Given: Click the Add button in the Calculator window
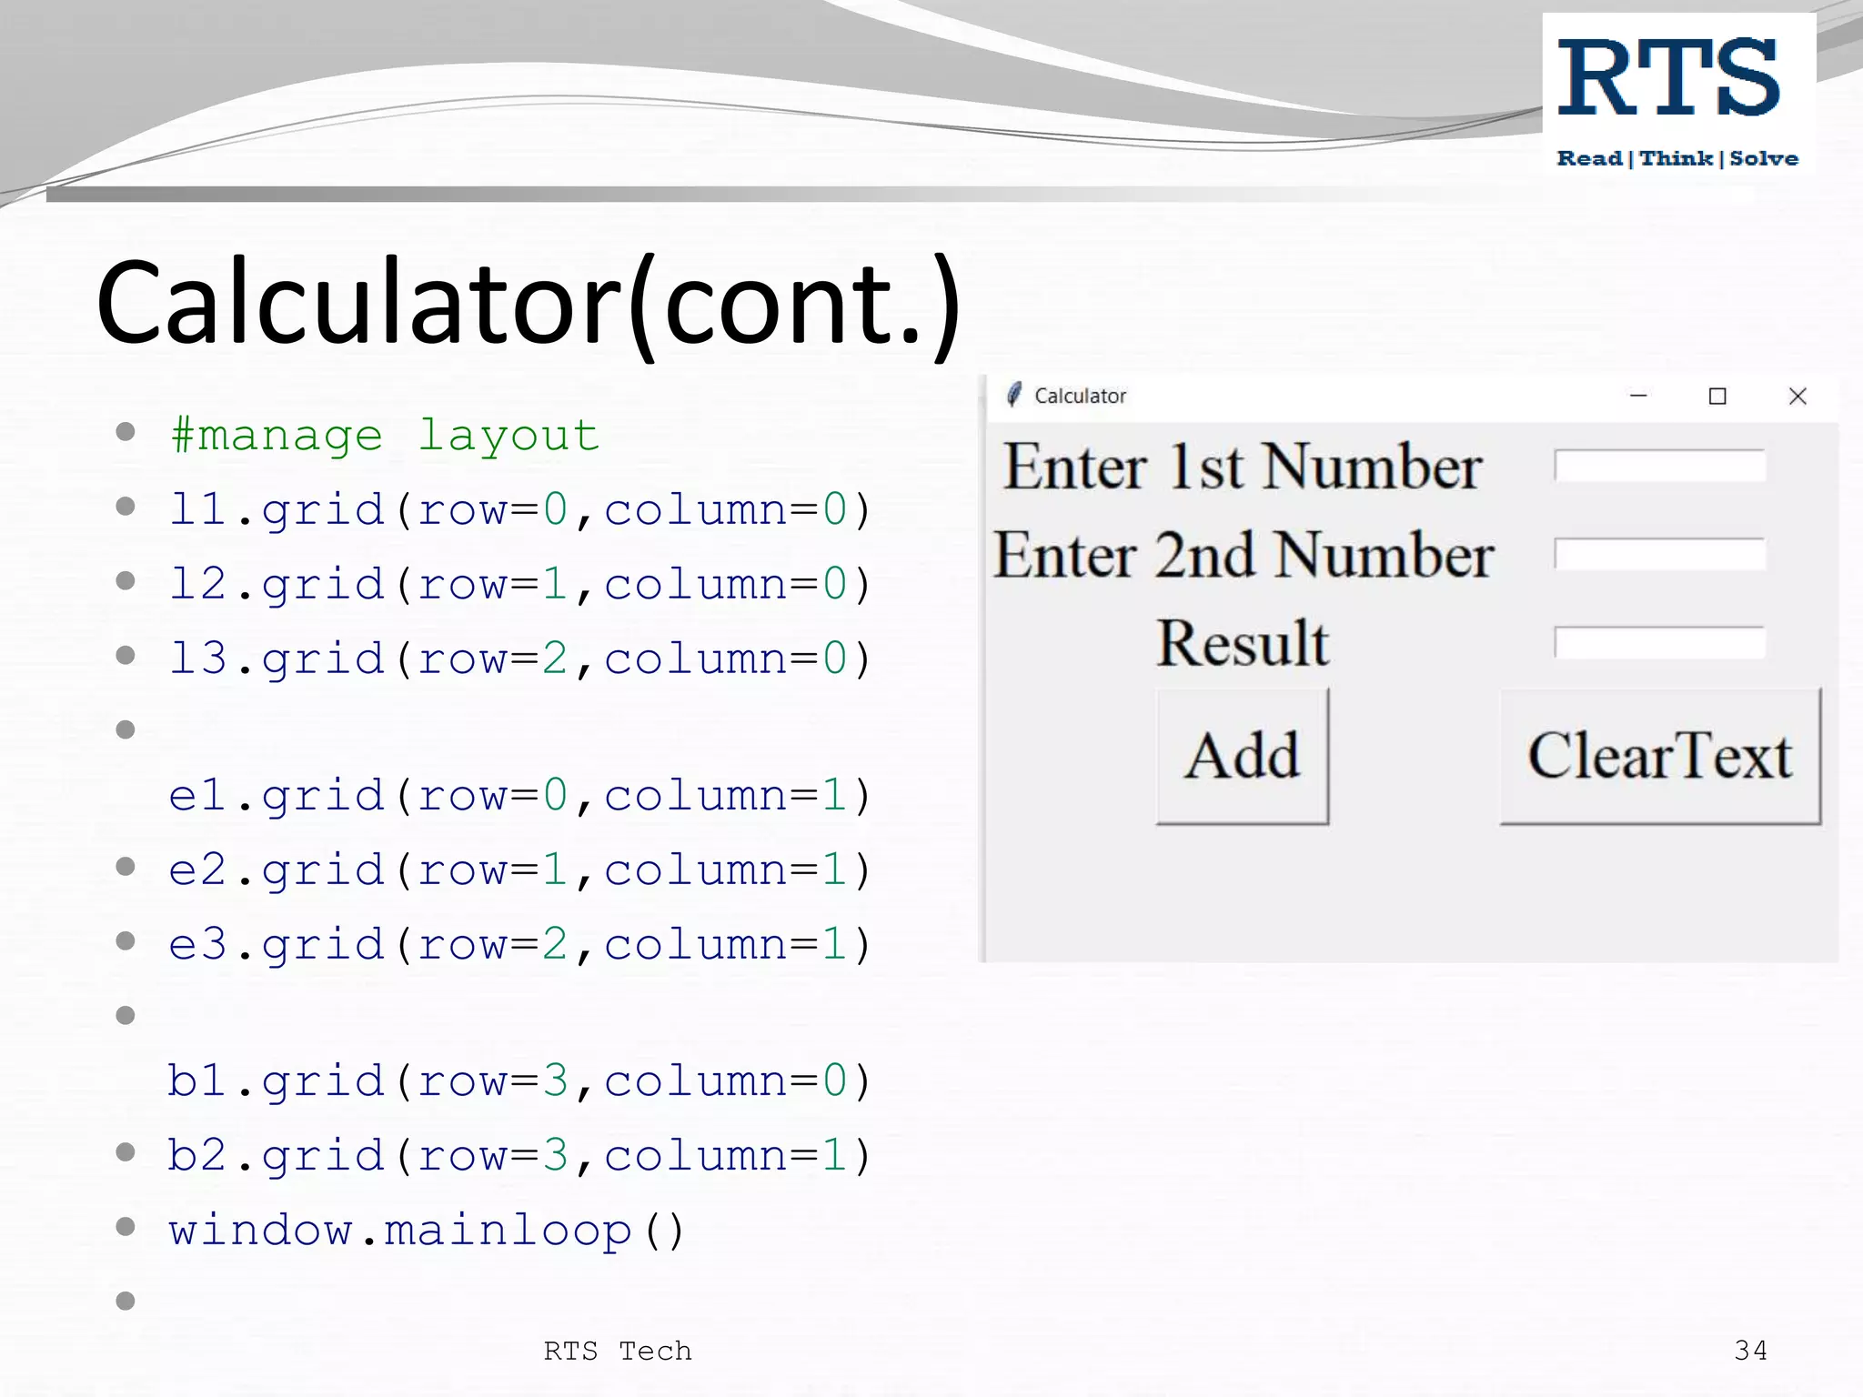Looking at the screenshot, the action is [1242, 756].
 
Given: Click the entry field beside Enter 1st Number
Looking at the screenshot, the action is [1659, 466].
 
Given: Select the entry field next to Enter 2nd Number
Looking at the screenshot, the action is [1659, 554].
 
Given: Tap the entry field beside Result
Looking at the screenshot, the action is [1659, 642].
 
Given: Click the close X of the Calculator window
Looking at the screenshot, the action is [1797, 397].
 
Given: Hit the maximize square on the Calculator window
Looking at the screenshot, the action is [1717, 397].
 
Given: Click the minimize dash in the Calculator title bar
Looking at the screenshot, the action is [1638, 396].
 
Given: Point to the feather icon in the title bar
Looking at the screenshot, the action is [1013, 395].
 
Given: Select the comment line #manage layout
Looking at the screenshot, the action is [385, 436].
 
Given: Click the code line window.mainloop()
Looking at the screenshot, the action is [426, 1231].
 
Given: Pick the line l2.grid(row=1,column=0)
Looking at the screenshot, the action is [519, 584].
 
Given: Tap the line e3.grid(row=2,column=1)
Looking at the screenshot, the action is [519, 944].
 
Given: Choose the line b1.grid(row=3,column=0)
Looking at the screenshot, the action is [519, 1081].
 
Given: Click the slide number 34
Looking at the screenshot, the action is [1750, 1351].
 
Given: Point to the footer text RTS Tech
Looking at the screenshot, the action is [618, 1351].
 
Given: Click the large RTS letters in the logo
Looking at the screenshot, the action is [1668, 79].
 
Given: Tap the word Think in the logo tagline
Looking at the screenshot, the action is [1676, 158].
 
